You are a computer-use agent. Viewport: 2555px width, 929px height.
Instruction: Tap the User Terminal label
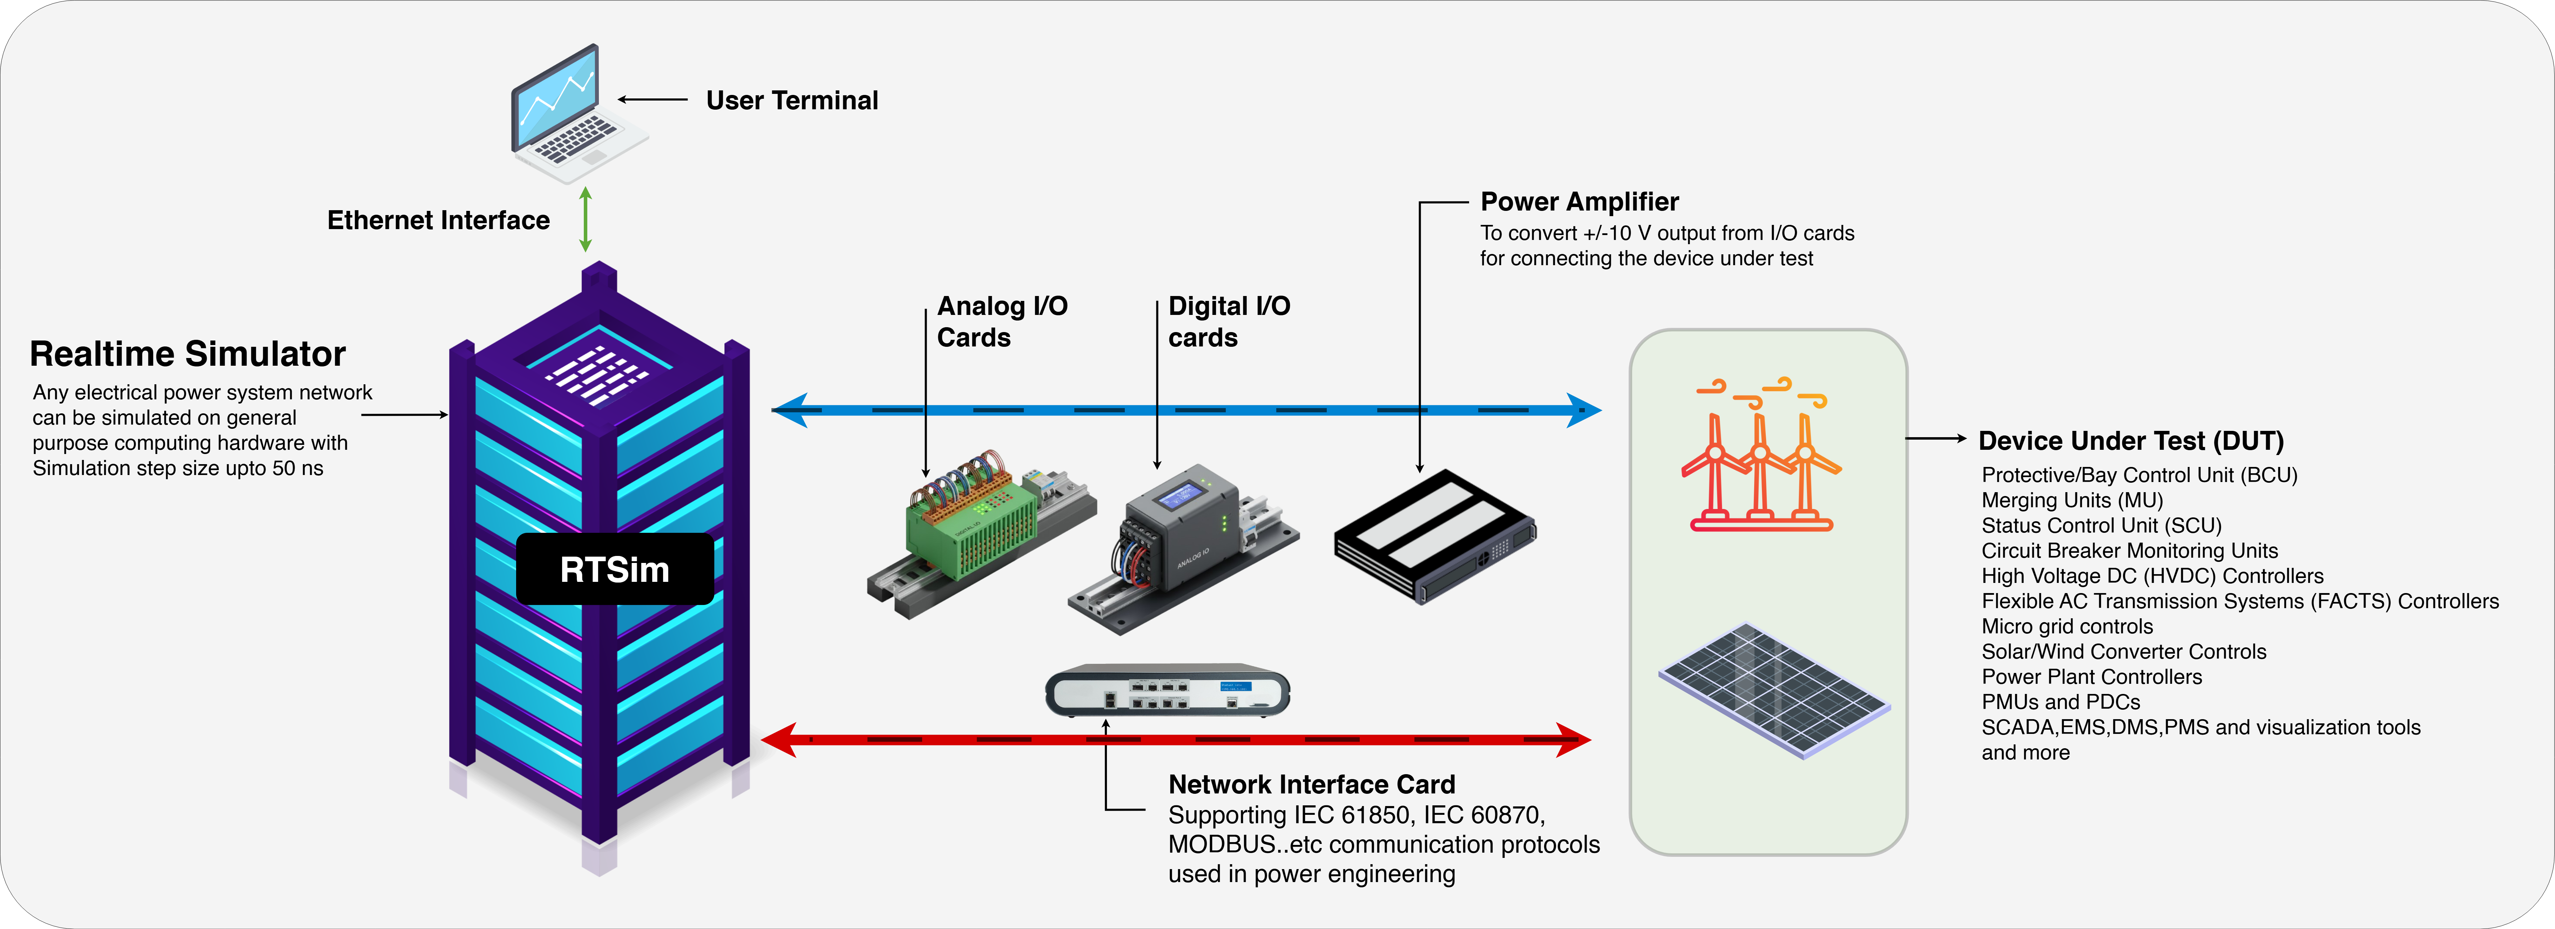(791, 100)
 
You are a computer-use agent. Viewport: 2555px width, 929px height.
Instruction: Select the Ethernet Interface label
(438, 220)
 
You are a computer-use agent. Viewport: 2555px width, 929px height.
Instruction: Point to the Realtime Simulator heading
(188, 354)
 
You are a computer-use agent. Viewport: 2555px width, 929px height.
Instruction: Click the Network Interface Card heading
(1311, 784)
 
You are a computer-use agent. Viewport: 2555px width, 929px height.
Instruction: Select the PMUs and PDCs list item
(2060, 702)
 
